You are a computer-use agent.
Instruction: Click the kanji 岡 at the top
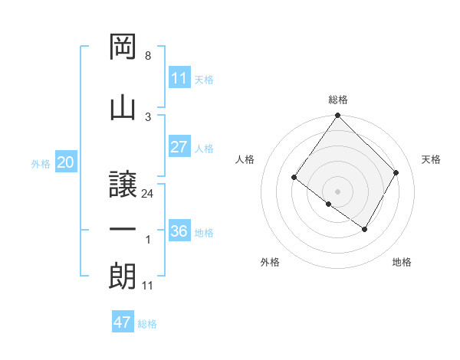(123, 47)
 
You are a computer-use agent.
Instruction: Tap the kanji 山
(123, 108)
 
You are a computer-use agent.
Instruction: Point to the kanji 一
(123, 231)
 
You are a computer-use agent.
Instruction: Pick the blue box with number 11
(179, 77)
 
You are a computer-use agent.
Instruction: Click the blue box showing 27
(179, 147)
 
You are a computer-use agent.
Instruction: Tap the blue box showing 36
(179, 231)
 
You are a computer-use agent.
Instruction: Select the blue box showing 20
(65, 162)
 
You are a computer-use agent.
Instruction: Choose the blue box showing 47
(123, 322)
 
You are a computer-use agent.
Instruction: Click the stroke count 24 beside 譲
(148, 194)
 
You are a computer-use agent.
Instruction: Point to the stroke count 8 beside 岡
(147, 56)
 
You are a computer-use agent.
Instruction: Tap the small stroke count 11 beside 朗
(148, 286)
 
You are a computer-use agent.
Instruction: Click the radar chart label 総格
(337, 100)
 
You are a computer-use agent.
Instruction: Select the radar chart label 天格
(432, 159)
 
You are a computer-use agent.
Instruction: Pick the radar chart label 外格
(270, 262)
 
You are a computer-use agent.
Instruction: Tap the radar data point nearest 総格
(337, 116)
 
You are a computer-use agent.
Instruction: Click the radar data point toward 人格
(294, 178)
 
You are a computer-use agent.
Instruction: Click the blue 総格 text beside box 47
(147, 324)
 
